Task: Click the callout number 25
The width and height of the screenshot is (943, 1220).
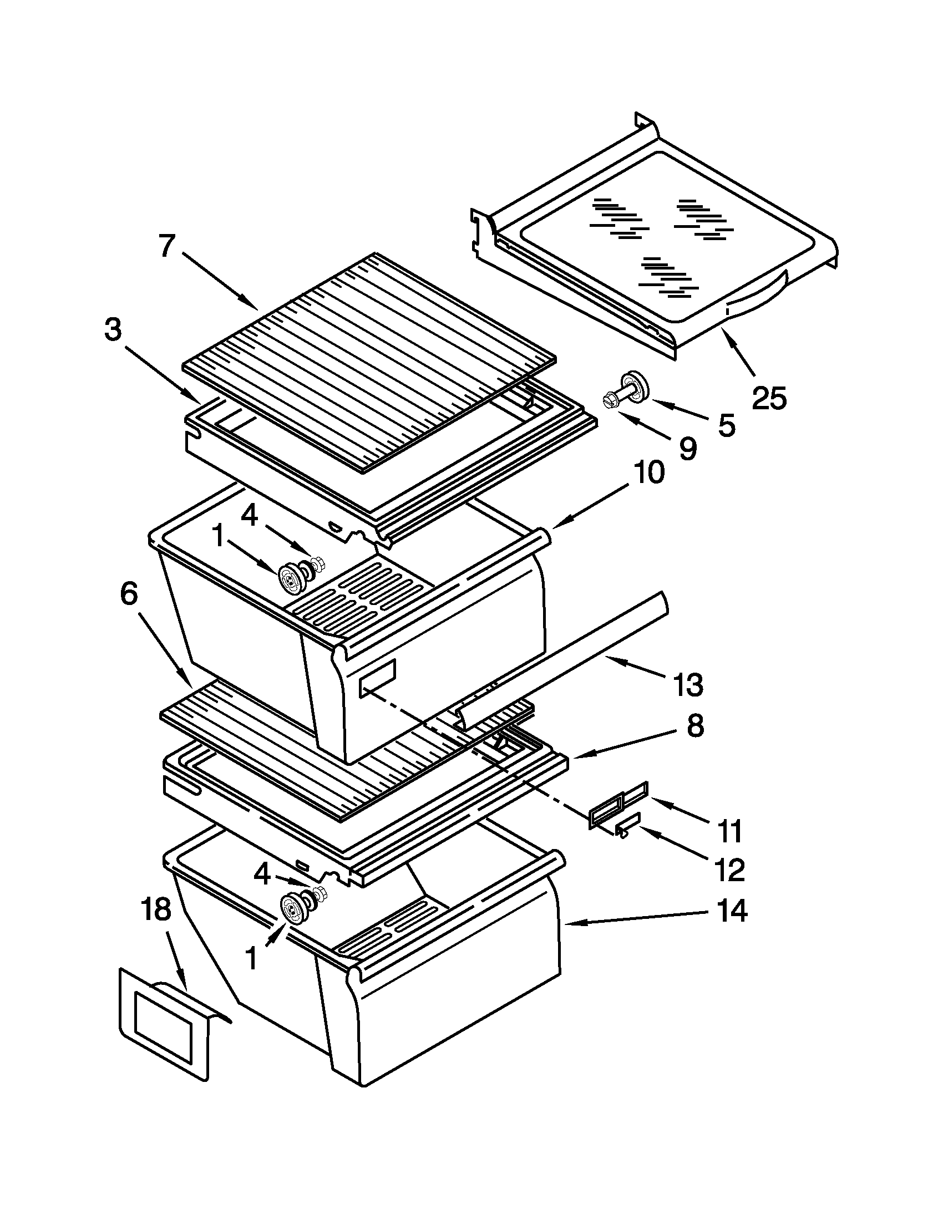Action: pyautogui.click(x=769, y=398)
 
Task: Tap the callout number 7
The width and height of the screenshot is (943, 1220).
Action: pyautogui.click(x=167, y=246)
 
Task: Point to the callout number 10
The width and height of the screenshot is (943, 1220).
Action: pyautogui.click(x=648, y=472)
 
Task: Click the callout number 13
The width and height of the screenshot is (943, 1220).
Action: pyautogui.click(x=688, y=685)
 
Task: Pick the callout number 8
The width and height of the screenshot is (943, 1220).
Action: pyautogui.click(x=694, y=727)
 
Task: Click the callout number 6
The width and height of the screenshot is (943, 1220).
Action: pyautogui.click(x=129, y=594)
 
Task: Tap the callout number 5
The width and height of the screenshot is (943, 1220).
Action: pyautogui.click(x=726, y=426)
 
